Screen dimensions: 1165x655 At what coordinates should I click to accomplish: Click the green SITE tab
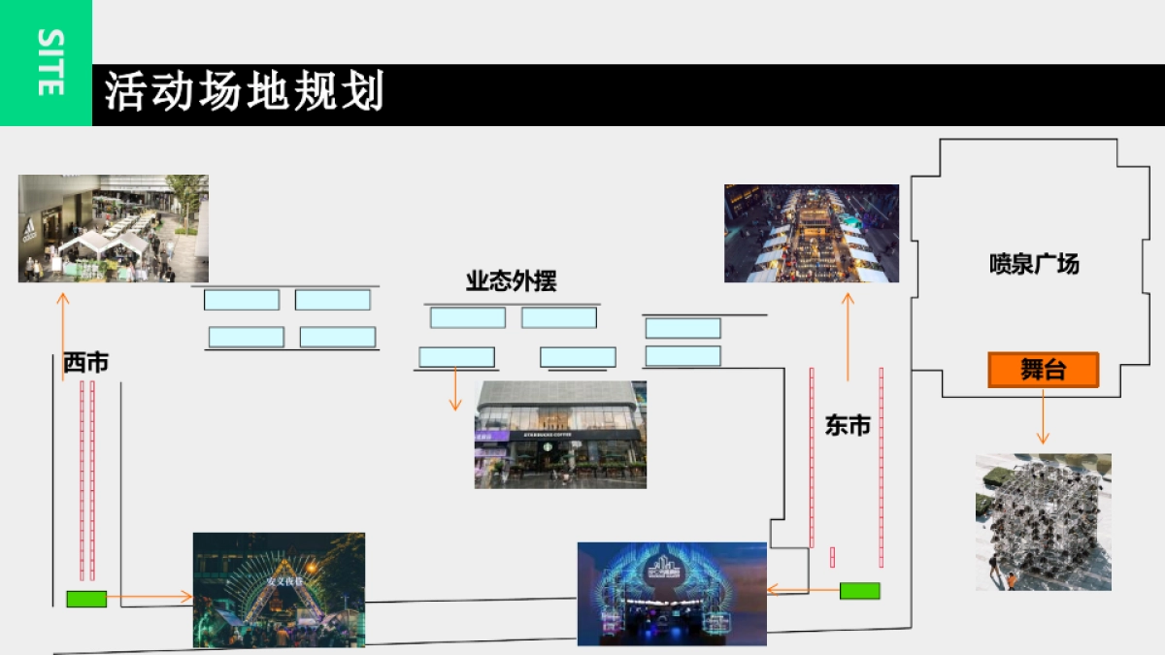pyautogui.click(x=46, y=63)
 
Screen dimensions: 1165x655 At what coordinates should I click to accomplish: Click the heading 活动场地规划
pyautogui.click(x=245, y=93)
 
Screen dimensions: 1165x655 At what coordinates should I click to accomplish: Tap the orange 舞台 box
pyautogui.click(x=1043, y=370)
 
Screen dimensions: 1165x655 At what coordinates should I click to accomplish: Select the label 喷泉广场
pyautogui.click(x=1034, y=264)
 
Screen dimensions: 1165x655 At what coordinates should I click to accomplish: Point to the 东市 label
pyautogui.click(x=847, y=425)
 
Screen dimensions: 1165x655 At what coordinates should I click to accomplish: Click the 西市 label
pyautogui.click(x=85, y=363)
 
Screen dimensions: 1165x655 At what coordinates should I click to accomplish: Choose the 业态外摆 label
pyautogui.click(x=511, y=281)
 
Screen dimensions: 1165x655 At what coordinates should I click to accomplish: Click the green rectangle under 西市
pyautogui.click(x=86, y=599)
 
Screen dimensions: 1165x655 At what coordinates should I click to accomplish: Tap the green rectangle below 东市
pyautogui.click(x=859, y=590)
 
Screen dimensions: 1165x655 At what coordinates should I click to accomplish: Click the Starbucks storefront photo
pyautogui.click(x=560, y=434)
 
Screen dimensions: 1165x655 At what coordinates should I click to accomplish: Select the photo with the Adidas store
pyautogui.click(x=113, y=228)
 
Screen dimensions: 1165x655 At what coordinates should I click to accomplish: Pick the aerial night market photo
pyautogui.click(x=811, y=233)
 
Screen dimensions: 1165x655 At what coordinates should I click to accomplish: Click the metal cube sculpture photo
pyautogui.click(x=1043, y=521)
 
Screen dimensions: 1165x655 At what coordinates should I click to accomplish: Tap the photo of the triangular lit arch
pyautogui.click(x=279, y=589)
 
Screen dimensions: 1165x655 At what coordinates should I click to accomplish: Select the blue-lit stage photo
pyautogui.click(x=672, y=593)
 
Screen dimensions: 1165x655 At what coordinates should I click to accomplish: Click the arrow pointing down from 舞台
pyautogui.click(x=1043, y=417)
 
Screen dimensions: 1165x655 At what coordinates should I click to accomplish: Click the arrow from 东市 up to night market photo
pyautogui.click(x=848, y=336)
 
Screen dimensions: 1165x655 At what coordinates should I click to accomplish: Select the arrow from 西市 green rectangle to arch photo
pyautogui.click(x=150, y=597)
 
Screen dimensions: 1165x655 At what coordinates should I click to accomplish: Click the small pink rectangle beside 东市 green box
pyautogui.click(x=832, y=557)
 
